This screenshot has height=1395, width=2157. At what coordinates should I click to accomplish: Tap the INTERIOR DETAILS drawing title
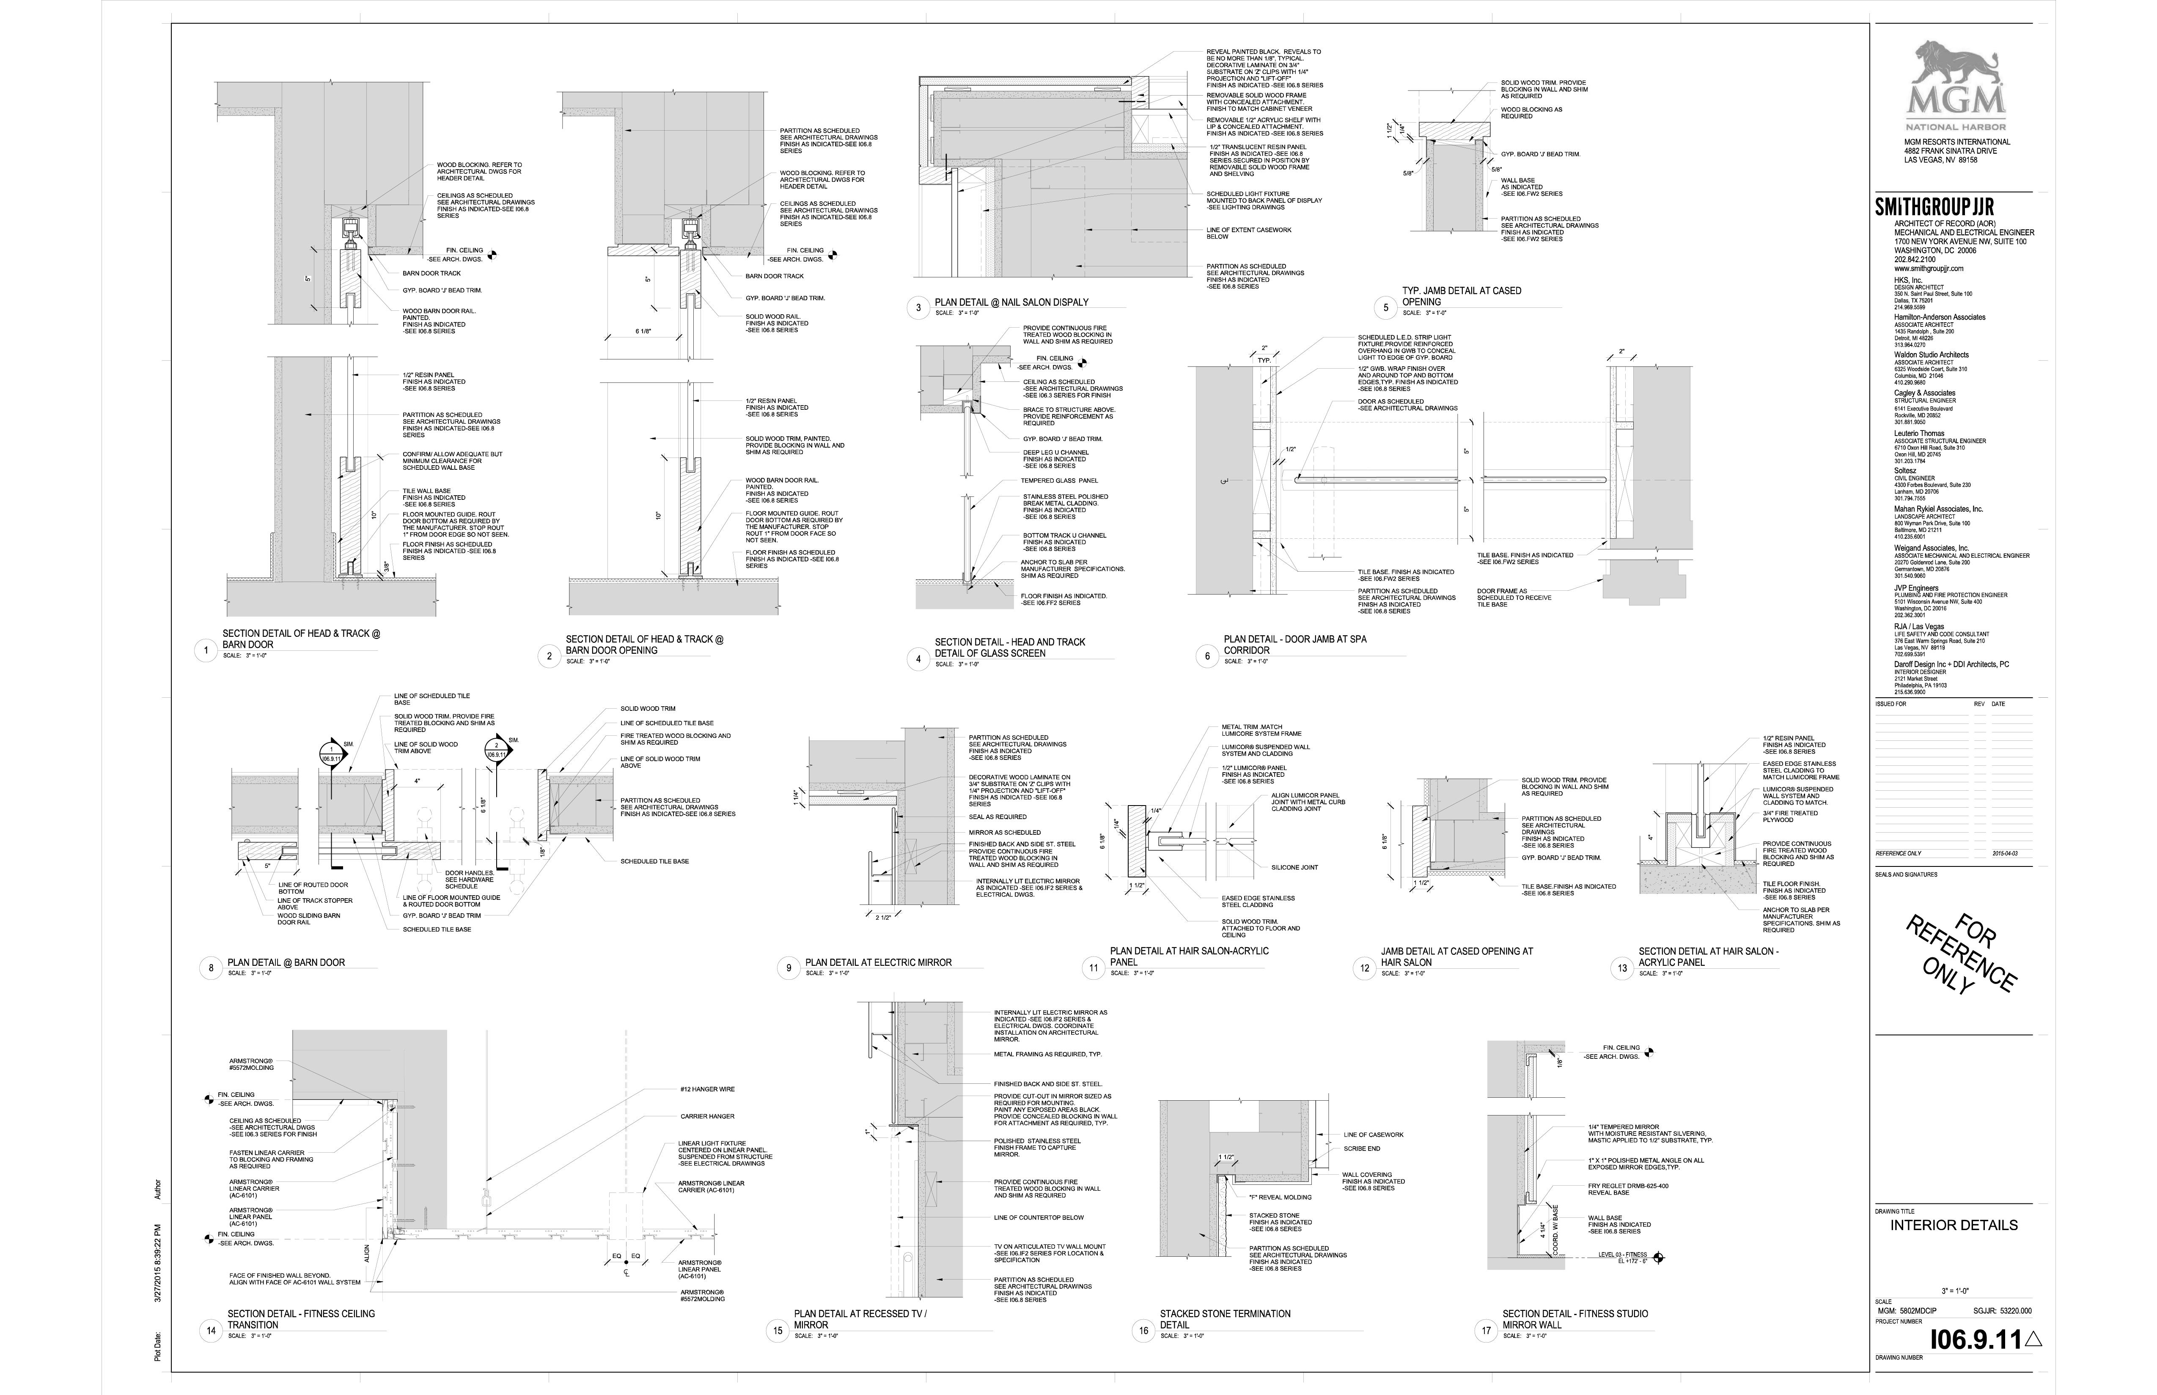point(1953,1225)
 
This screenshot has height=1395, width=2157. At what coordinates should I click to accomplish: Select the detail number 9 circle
point(787,967)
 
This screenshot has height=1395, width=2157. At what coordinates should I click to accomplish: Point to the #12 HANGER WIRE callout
point(706,1089)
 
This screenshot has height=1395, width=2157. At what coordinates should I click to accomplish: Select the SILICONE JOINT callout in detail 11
point(1294,867)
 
